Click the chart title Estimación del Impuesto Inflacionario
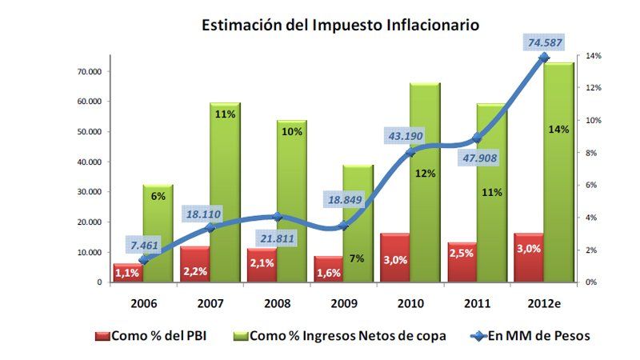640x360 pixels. point(340,26)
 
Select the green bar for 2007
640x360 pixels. point(225,192)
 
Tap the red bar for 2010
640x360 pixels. point(394,258)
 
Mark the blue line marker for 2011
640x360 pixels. point(477,138)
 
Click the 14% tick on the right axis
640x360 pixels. point(594,56)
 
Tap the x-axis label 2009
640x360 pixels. point(343,303)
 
